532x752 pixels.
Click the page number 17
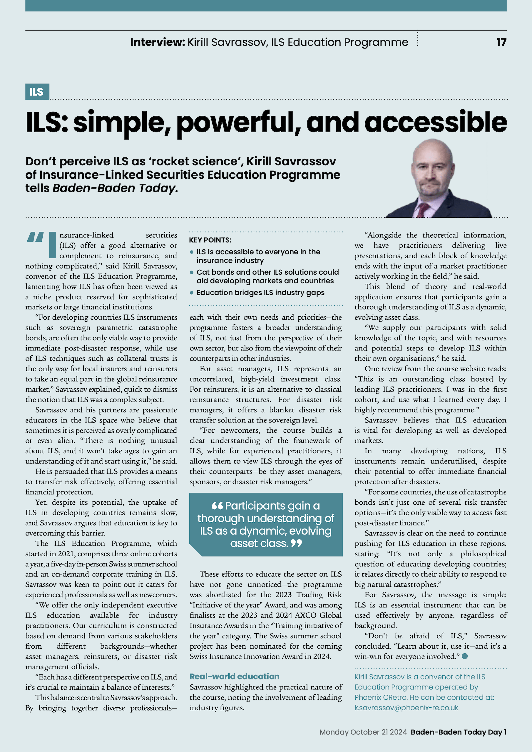click(x=501, y=42)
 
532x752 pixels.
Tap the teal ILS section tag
click(x=37, y=92)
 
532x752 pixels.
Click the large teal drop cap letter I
click(x=52, y=245)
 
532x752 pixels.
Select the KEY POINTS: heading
click(x=210, y=240)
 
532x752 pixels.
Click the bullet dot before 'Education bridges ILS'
click(x=192, y=293)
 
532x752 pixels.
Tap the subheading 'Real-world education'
click(x=234, y=676)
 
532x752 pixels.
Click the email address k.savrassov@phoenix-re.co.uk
click(x=406, y=707)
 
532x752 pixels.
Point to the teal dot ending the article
click(x=464, y=656)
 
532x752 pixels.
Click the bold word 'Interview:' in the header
click(x=158, y=42)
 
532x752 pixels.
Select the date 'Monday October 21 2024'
click(x=363, y=732)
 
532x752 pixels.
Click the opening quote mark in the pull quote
click(x=217, y=506)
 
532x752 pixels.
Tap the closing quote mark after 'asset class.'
click(x=296, y=544)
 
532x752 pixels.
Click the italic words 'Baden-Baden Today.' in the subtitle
click(x=115, y=188)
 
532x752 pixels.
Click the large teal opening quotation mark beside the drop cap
click(x=35, y=237)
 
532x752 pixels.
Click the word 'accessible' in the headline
click(x=436, y=122)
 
